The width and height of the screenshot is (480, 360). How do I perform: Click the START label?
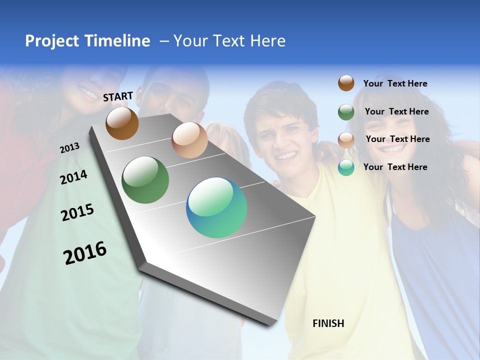[118, 96]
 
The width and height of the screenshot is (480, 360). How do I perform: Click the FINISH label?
[328, 323]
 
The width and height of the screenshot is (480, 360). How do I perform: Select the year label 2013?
[69, 148]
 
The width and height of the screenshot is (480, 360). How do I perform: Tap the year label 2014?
[73, 177]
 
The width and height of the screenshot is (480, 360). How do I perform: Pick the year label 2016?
[85, 253]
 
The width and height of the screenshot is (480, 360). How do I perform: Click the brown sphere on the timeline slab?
[122, 123]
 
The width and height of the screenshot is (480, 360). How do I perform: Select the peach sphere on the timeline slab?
[189, 140]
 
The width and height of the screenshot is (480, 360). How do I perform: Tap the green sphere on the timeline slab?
[145, 180]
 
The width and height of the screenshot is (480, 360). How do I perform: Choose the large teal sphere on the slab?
[216, 207]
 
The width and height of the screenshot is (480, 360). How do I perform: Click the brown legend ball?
[346, 83]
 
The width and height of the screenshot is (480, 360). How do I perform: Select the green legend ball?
[346, 112]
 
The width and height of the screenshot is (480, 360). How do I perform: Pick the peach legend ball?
[346, 139]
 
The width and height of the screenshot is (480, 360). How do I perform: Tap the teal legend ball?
[346, 167]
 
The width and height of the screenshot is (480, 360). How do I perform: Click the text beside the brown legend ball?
[395, 83]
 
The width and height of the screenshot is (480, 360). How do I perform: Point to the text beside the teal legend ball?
[395, 167]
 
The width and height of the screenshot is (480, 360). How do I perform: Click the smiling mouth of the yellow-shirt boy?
[286, 155]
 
